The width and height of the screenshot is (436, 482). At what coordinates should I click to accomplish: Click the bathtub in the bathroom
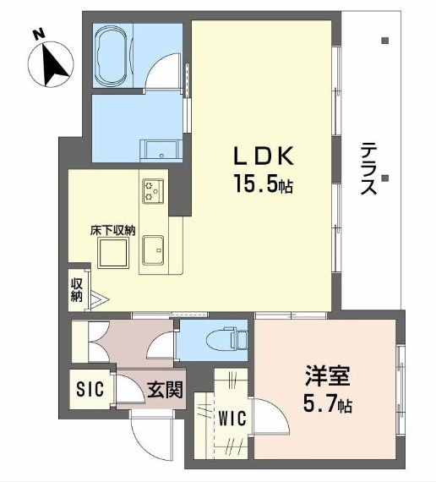pos(112,56)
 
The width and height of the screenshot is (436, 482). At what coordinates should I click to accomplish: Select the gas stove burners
pos(153,190)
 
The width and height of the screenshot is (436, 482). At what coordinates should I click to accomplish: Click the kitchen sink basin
pos(153,250)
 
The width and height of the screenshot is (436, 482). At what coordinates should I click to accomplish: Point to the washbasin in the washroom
pos(160,151)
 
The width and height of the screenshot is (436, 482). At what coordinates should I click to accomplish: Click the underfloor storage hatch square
pos(112,253)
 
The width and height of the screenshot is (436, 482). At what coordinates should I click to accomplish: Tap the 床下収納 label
pos(112,230)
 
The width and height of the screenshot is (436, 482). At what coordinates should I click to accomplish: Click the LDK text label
pos(264,156)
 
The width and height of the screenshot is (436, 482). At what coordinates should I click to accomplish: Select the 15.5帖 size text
pos(264,183)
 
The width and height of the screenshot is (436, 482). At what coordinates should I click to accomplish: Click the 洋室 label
pos(328,376)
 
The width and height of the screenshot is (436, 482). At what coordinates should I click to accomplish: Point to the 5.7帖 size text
pos(328,403)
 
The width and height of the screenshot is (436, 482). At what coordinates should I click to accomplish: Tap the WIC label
pos(232,418)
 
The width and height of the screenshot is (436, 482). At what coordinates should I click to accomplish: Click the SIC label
pos(90,389)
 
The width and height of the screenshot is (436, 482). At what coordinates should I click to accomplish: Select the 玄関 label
pos(166,390)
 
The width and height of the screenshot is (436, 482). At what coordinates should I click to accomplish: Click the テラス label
pos(368,168)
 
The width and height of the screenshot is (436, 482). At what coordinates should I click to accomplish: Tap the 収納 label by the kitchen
pos(77,290)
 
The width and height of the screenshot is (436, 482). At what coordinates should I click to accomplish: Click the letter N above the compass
pos(38,34)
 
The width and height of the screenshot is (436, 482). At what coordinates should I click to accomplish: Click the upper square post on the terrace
pos(385,41)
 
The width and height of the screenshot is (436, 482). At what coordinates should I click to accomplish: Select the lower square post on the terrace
pos(385,178)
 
